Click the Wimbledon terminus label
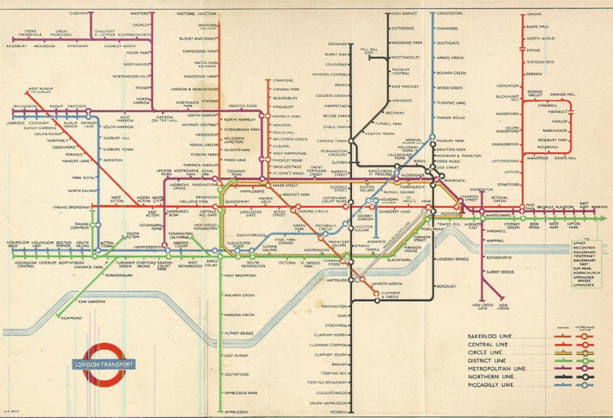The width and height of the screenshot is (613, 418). [x=237, y=412]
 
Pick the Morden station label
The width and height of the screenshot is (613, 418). [x=339, y=412]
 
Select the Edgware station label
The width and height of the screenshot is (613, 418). [x=338, y=43]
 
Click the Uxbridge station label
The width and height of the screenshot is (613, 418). [x=16, y=122]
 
